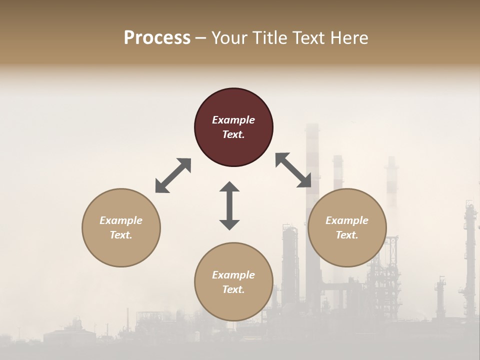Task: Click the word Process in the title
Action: click(x=157, y=38)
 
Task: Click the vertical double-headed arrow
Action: click(x=229, y=205)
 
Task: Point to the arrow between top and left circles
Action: click(x=173, y=175)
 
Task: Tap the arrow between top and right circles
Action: click(x=293, y=170)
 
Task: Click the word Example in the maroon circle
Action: click(x=233, y=120)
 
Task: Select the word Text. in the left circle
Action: click(x=121, y=235)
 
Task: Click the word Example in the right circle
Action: click(x=347, y=220)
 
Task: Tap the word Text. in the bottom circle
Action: click(x=233, y=289)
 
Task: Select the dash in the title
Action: click(x=200, y=38)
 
